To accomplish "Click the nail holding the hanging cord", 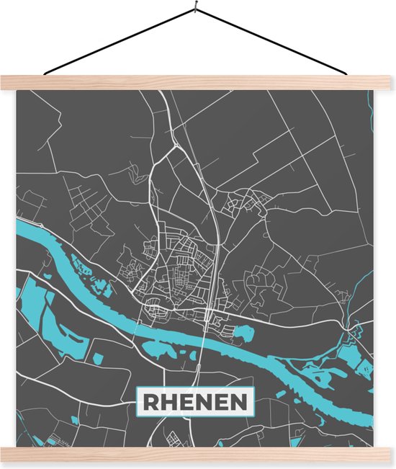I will (x=194, y=9).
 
